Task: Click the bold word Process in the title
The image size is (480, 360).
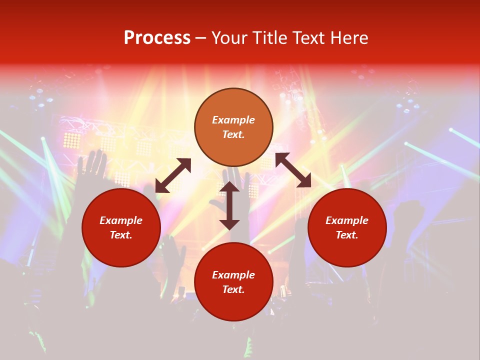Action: pos(157,38)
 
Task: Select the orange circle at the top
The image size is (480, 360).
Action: pos(233,127)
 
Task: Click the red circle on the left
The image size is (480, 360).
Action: pos(121,227)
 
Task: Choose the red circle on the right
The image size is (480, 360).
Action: pos(347,227)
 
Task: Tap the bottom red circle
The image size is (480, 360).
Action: pos(233,282)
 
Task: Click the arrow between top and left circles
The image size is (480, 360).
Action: pos(173,175)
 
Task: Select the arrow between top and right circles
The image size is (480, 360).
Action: pos(293,170)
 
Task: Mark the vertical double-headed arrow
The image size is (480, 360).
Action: pos(229,205)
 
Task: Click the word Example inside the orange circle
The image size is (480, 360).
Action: pos(233,120)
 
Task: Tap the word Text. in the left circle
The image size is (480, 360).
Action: pos(121,235)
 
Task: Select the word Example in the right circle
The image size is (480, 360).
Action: pos(347,220)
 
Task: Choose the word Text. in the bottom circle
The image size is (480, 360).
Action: pos(233,289)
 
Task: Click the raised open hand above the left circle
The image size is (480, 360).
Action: pos(94,165)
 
